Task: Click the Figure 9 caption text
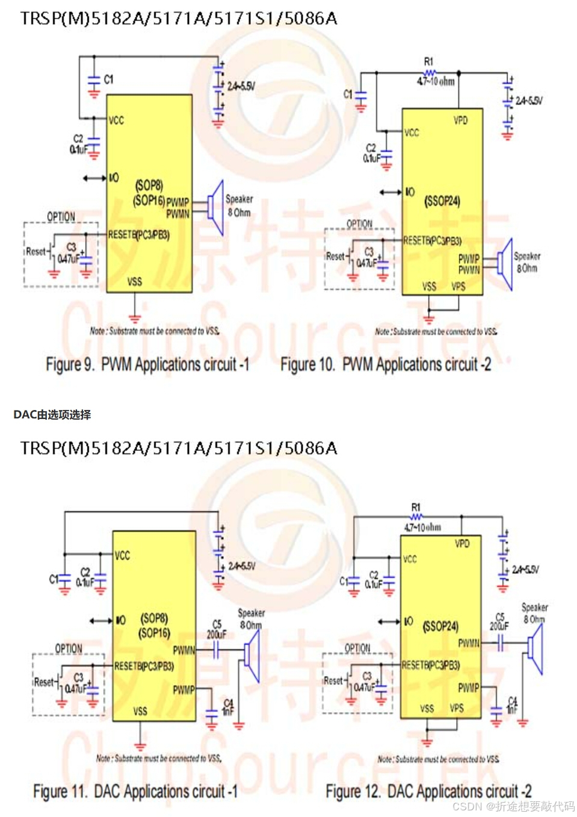click(x=147, y=365)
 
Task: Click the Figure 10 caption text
click(x=386, y=365)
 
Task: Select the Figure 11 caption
click(x=135, y=792)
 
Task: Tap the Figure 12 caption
click(x=428, y=791)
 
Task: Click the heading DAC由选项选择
click(x=52, y=415)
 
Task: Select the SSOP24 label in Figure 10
click(x=442, y=200)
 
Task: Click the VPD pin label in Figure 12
click(x=462, y=544)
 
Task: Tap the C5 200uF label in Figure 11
click(x=217, y=630)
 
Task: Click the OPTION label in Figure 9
click(x=61, y=217)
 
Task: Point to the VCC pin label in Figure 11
click(x=122, y=555)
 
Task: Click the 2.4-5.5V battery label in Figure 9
click(x=241, y=87)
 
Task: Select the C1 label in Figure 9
click(x=108, y=79)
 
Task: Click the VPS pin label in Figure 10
click(x=458, y=287)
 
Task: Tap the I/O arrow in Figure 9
click(x=94, y=178)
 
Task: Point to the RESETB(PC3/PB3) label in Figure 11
click(x=144, y=666)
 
